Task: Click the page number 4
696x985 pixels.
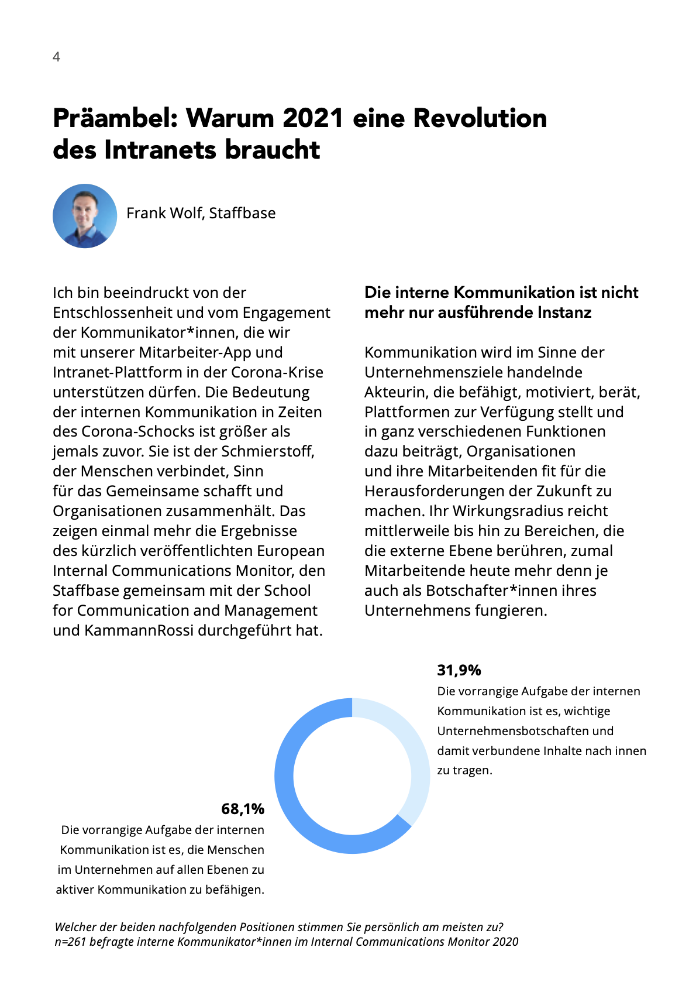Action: click(56, 57)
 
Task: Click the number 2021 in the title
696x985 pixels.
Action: click(313, 118)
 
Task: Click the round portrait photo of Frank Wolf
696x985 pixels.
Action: click(85, 216)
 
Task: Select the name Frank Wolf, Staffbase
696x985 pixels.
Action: click(201, 213)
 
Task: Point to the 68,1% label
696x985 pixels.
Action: click(243, 809)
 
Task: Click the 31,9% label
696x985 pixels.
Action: click(459, 670)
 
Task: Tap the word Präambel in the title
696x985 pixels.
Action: click(115, 118)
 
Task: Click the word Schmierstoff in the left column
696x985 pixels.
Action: click(273, 451)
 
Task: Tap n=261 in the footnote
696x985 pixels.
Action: click(70, 942)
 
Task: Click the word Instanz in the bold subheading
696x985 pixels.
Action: click(564, 313)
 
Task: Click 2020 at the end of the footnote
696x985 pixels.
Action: click(505, 942)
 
